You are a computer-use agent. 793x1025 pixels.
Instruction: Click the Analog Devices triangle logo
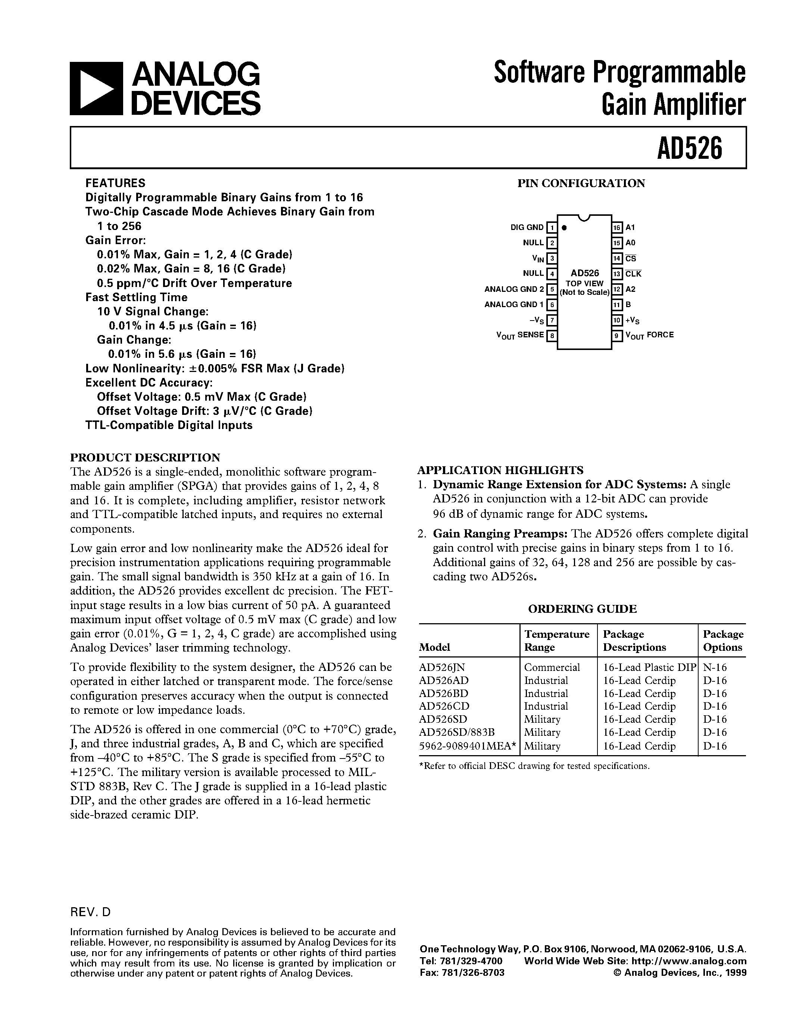pyautogui.click(x=96, y=89)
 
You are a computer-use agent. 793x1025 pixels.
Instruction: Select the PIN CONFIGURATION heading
pyautogui.click(x=581, y=183)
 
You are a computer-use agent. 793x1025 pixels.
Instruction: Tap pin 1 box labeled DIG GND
pyautogui.click(x=552, y=228)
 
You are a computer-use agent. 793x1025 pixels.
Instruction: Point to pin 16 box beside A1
pyautogui.click(x=617, y=228)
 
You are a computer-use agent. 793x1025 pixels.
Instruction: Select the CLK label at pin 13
pyautogui.click(x=633, y=274)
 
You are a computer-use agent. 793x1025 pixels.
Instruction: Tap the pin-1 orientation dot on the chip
pyautogui.click(x=564, y=228)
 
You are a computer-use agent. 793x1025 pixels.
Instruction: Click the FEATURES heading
pyautogui.click(x=115, y=183)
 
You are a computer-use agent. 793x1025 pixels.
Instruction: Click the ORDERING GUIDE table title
pyautogui.click(x=582, y=609)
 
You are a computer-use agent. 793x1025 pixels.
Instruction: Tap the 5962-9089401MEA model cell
pyautogui.click(x=468, y=746)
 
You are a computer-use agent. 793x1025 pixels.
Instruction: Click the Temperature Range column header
pyautogui.click(x=557, y=641)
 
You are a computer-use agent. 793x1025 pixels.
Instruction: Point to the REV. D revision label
pyautogui.click(x=90, y=912)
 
